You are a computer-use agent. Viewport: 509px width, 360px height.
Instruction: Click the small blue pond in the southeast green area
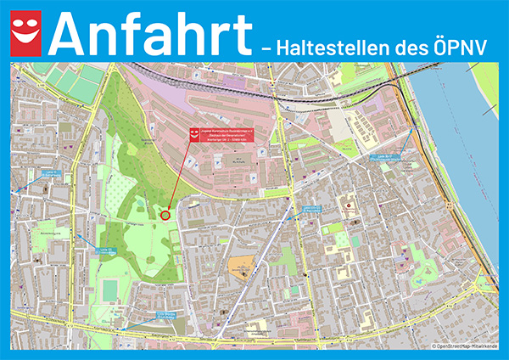(x=422, y=277)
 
